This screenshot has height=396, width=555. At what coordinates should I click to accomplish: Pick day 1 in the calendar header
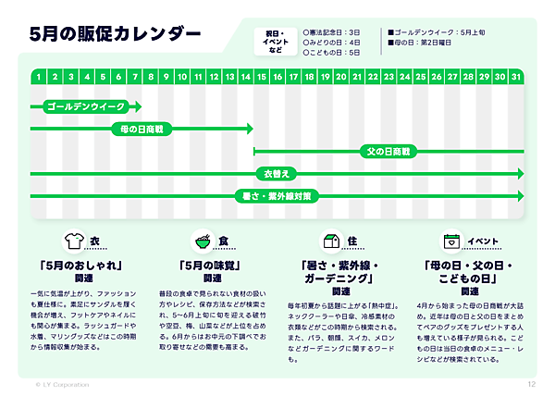pos(39,76)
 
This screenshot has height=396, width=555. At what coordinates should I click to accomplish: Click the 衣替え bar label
pos(276,173)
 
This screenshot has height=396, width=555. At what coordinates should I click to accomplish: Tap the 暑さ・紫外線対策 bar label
pos(277,195)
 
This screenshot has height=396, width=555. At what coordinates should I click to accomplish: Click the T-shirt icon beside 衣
pos(71,241)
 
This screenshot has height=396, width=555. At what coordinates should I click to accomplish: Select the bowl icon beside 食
pos(201,241)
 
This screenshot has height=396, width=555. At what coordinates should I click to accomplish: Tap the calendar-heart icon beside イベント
pos(451,241)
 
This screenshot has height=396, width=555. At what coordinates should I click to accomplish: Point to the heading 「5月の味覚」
pos(212,265)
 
